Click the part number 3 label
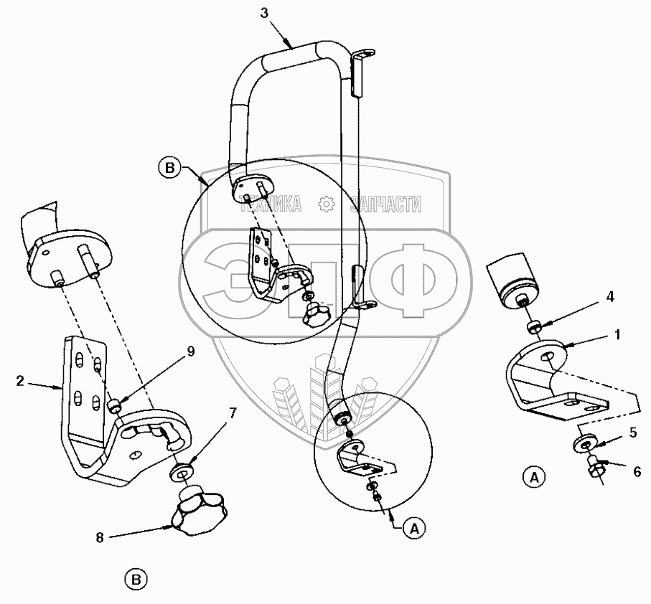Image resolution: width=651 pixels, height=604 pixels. pyautogui.click(x=264, y=14)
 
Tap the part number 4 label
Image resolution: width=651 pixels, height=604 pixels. pyautogui.click(x=610, y=297)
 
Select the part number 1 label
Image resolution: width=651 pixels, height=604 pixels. pyautogui.click(x=617, y=334)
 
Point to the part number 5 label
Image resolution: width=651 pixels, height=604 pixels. pyautogui.click(x=633, y=433)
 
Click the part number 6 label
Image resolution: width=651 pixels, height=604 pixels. pyautogui.click(x=637, y=471)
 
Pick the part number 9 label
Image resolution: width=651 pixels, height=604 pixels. pyautogui.click(x=191, y=351)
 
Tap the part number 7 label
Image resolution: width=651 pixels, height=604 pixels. pyautogui.click(x=233, y=413)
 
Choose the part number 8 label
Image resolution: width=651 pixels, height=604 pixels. pyautogui.click(x=100, y=538)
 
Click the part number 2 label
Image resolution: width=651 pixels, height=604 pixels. pyautogui.click(x=20, y=381)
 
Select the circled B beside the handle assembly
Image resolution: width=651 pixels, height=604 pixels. pyautogui.click(x=169, y=169)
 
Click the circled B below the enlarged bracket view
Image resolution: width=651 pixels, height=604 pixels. pyautogui.click(x=136, y=580)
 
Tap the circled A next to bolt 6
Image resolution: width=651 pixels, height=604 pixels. pyautogui.click(x=534, y=477)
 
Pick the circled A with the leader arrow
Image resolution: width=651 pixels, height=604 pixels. pyautogui.click(x=414, y=528)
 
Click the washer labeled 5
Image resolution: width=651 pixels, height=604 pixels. pyautogui.click(x=584, y=444)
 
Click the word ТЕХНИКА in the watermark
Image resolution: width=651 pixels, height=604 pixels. pyautogui.click(x=271, y=204)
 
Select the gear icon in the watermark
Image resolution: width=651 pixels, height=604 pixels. pyautogui.click(x=327, y=204)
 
